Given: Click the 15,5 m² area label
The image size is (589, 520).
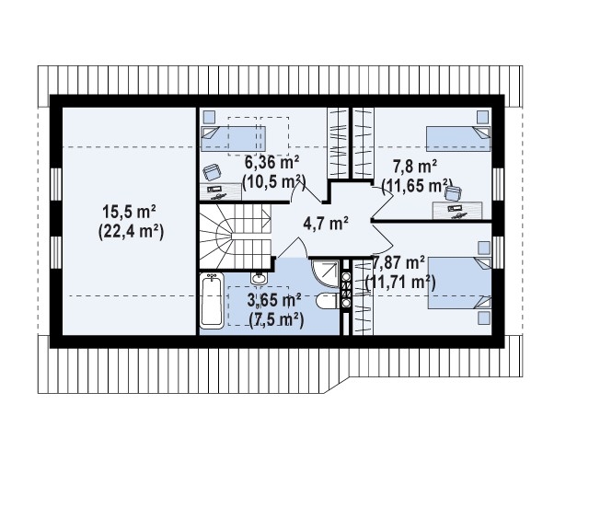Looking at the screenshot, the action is click(x=130, y=212).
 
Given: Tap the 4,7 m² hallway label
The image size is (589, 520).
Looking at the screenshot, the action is click(x=326, y=224).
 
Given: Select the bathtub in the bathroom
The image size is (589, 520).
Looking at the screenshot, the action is click(x=212, y=301).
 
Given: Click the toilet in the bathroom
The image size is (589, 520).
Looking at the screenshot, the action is click(x=328, y=301).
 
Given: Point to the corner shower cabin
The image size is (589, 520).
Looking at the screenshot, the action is click(x=326, y=273).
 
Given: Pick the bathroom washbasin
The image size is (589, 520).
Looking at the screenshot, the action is click(x=259, y=278).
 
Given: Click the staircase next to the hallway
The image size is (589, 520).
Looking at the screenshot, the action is click(x=236, y=237).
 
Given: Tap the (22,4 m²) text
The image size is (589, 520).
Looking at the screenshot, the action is click(x=131, y=232).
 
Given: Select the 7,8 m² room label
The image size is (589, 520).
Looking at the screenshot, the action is click(x=415, y=166).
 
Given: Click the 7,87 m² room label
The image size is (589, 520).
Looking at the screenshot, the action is click(x=398, y=262).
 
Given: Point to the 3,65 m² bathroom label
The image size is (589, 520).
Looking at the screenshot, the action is click(x=274, y=300).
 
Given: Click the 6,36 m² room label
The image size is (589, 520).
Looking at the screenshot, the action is click(x=272, y=163).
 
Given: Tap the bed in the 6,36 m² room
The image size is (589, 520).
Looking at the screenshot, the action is click(x=233, y=139).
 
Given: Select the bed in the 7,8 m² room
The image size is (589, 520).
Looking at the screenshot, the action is click(x=458, y=139).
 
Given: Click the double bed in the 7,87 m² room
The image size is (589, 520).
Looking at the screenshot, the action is click(x=460, y=283).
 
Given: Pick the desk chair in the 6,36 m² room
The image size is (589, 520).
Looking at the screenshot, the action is click(x=213, y=172).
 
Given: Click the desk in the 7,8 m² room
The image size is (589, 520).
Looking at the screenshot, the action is click(x=457, y=211).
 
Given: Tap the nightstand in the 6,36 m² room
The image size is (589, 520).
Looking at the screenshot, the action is click(x=209, y=117).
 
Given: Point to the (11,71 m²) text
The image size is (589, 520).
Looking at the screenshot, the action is click(x=400, y=282).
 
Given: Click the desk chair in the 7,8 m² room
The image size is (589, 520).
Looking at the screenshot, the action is click(x=453, y=193).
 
